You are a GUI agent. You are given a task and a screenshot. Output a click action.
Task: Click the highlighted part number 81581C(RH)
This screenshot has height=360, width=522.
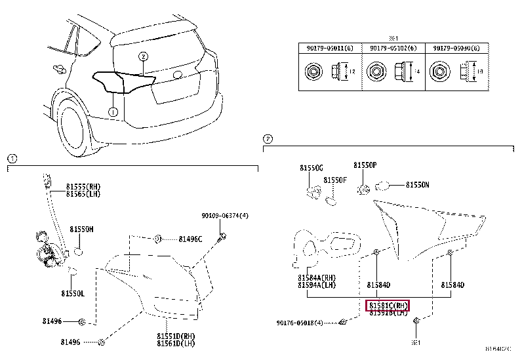[388, 306]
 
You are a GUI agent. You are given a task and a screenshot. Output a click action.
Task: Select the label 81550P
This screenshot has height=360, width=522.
[365, 166]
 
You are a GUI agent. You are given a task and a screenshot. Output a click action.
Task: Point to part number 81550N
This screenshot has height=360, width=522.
[416, 186]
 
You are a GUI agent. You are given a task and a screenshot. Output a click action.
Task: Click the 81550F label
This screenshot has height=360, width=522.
[334, 180]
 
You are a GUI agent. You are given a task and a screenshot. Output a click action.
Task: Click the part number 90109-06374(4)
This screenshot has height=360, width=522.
[224, 216]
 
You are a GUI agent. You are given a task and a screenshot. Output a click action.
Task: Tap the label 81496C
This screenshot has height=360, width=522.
[190, 239]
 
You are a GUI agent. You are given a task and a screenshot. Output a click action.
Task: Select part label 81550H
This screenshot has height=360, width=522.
[81, 229]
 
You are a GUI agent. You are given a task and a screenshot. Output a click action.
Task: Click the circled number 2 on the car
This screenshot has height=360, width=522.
[143, 56]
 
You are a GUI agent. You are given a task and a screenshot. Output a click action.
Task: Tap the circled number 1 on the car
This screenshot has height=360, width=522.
[113, 112]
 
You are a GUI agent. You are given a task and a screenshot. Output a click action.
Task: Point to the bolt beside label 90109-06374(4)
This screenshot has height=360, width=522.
[224, 235]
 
